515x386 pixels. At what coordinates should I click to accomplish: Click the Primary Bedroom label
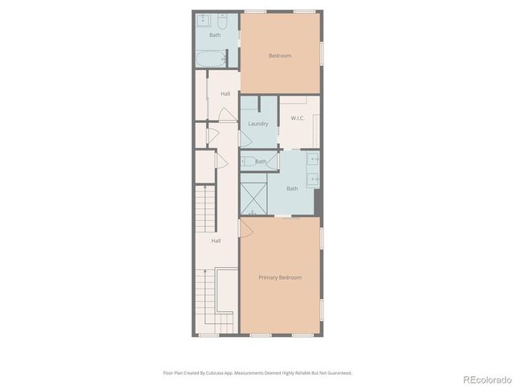(279, 277)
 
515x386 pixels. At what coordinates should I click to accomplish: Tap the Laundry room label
(257, 124)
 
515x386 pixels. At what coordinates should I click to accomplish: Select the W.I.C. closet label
(297, 118)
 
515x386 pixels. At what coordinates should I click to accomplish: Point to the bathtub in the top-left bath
(212, 59)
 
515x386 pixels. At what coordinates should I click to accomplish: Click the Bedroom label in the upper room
(279, 55)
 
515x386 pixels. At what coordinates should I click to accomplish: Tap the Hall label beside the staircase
(216, 240)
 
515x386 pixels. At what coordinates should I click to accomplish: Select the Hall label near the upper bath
(225, 94)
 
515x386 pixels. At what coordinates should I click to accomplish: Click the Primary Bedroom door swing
(247, 229)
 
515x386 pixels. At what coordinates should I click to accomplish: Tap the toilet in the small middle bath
(248, 161)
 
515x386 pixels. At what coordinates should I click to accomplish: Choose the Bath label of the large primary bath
(291, 188)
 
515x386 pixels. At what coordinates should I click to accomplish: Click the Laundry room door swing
(246, 139)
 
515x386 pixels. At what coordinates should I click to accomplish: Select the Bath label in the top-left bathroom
(215, 35)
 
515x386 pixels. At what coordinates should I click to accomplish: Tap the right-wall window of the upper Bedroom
(323, 51)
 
